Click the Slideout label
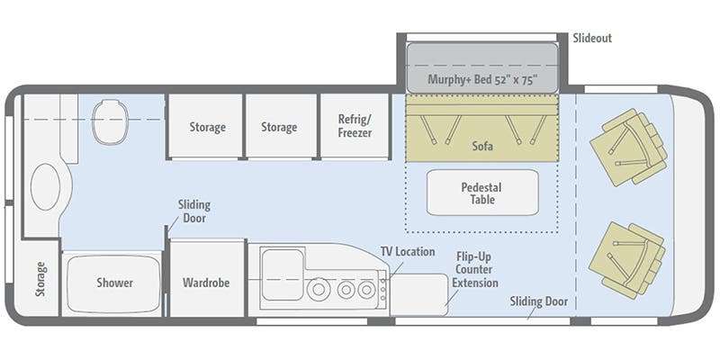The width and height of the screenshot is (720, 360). tap(592, 38)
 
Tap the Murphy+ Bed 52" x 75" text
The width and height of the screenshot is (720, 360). tap(482, 79)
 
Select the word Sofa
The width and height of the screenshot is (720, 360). tap(482, 146)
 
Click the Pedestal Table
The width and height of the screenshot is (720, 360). tap(482, 193)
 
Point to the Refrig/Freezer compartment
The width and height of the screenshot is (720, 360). tap(355, 126)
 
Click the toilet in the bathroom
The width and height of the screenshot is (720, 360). tap(109, 121)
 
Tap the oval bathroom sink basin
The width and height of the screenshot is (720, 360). tap(46, 187)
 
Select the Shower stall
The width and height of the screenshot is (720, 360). tap(114, 283)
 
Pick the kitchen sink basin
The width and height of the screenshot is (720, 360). tap(283, 274)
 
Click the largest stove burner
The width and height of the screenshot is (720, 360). tap(319, 290)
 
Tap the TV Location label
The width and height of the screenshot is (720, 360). tap(408, 252)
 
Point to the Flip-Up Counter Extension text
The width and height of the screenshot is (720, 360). tap(475, 269)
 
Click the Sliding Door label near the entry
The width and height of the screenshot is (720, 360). tap(538, 301)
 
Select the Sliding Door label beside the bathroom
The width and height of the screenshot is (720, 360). tap(194, 211)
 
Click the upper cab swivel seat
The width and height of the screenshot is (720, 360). tap(628, 147)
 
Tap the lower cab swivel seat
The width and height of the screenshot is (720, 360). tap(627, 260)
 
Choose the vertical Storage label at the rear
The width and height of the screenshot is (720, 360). tap(40, 279)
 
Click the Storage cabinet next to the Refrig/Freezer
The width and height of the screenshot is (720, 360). tap(279, 126)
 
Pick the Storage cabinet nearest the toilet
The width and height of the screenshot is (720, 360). tap(208, 126)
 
